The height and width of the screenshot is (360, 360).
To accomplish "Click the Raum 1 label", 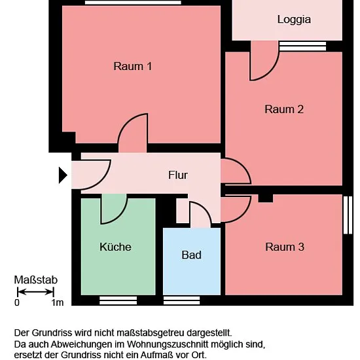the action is (x=132, y=66).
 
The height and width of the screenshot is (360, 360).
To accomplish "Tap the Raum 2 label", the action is (x=284, y=109).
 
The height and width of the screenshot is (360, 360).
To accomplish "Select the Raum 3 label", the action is (x=285, y=247).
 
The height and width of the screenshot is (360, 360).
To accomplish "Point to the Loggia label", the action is (x=294, y=20).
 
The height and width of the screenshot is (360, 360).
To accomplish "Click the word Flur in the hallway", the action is (x=177, y=175).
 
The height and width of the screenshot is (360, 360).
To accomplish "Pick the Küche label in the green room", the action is (x=115, y=247).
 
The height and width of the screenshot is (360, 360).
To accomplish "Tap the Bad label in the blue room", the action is (x=192, y=255).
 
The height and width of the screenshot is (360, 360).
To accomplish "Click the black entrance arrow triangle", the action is (x=63, y=175).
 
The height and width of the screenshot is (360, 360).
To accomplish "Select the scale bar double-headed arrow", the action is (x=35, y=292).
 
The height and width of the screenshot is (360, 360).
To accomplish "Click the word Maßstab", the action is (x=36, y=280).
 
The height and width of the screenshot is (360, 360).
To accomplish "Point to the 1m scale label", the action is (x=58, y=302).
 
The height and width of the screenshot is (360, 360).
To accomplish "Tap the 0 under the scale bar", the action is (x=17, y=302).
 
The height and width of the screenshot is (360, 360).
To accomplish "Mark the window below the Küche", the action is (x=118, y=300).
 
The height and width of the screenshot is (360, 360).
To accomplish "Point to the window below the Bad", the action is (x=181, y=300).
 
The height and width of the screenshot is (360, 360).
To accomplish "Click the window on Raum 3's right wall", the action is (x=348, y=215).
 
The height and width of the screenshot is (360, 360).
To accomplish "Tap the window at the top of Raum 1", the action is (x=133, y=3).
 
